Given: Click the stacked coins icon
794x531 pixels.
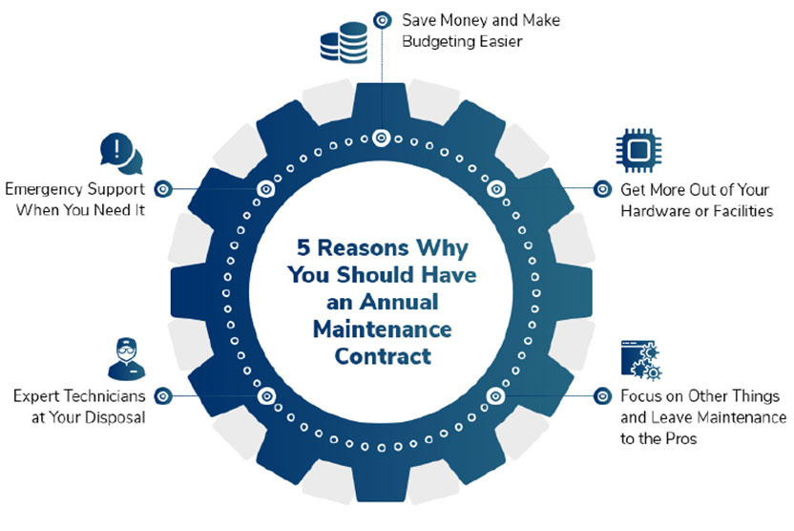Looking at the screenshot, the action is pyautogui.click(x=344, y=43).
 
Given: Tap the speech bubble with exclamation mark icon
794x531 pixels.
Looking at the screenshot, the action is pyautogui.click(x=121, y=154).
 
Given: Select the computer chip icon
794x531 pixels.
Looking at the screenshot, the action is pyautogui.click(x=638, y=150).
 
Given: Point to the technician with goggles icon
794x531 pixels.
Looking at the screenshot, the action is pyautogui.click(x=126, y=359).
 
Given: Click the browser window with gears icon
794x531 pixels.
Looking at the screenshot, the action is pyautogui.click(x=641, y=360).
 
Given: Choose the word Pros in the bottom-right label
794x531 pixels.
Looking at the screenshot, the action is pyautogui.click(x=681, y=438).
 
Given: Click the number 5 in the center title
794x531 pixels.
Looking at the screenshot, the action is pyautogui.click(x=303, y=247).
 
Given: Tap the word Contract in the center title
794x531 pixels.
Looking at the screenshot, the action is pyautogui.click(x=383, y=356).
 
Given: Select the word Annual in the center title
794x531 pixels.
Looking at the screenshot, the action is pyautogui.click(x=399, y=302).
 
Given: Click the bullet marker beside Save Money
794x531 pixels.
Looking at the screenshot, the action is pyautogui.click(x=383, y=20).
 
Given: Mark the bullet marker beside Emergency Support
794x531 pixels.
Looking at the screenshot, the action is pyautogui.click(x=163, y=189).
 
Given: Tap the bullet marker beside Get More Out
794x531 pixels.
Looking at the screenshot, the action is pyautogui.click(x=602, y=189).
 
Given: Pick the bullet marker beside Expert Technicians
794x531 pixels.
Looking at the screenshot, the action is pyautogui.click(x=163, y=395).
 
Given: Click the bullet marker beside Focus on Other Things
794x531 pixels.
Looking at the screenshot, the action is pyautogui.click(x=602, y=395).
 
